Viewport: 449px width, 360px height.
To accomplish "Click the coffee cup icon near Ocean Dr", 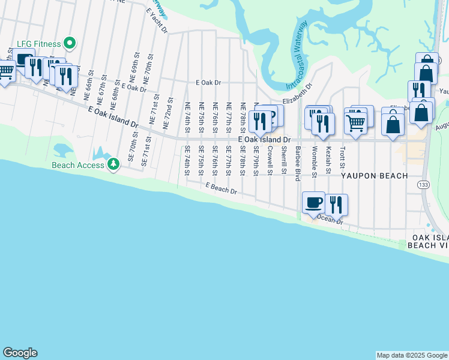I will coord(313,203).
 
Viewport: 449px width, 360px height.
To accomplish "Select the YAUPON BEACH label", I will coord(375,176).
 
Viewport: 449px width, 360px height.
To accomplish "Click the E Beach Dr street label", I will coord(221,189).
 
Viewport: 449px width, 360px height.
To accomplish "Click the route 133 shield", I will coord(424,184).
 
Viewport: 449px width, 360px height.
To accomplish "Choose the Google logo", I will coord(20,353).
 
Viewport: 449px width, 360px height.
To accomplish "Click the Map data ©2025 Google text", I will coord(412,355).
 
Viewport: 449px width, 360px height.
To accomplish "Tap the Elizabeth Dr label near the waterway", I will coord(298,94).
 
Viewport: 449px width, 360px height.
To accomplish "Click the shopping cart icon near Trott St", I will coord(356,122).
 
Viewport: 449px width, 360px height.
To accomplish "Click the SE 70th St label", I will coord(130,155).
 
